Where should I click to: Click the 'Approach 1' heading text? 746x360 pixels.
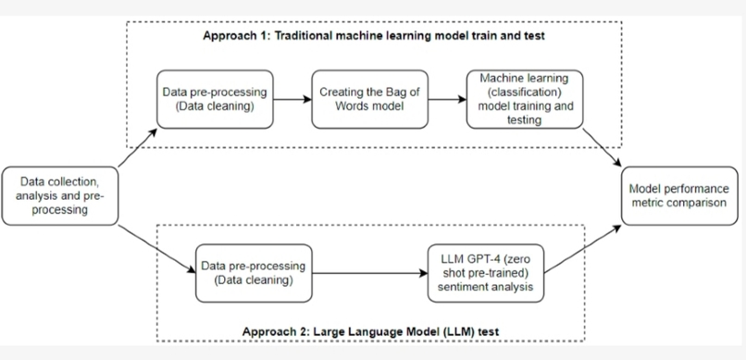(x=372, y=36)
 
